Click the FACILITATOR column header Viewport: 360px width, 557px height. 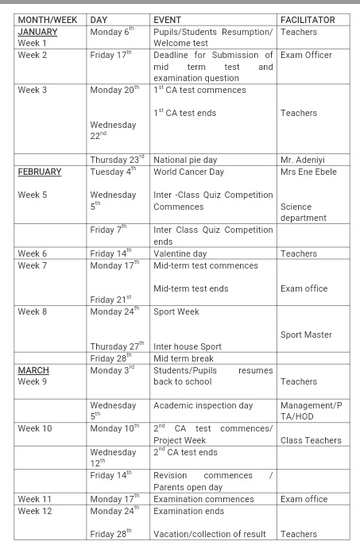pos(308,19)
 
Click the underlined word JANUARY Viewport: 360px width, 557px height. pos(37,32)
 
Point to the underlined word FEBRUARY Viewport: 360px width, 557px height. pos(40,172)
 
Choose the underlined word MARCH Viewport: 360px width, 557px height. pos(33,370)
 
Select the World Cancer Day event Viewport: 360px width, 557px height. pos(190,172)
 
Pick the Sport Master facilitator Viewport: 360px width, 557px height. pos(307,335)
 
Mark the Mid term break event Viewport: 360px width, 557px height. pos(184,358)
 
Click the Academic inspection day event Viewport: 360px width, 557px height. pos(203,405)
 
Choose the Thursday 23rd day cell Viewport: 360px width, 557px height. pos(118,159)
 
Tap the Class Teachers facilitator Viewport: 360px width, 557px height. pos(311,440)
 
